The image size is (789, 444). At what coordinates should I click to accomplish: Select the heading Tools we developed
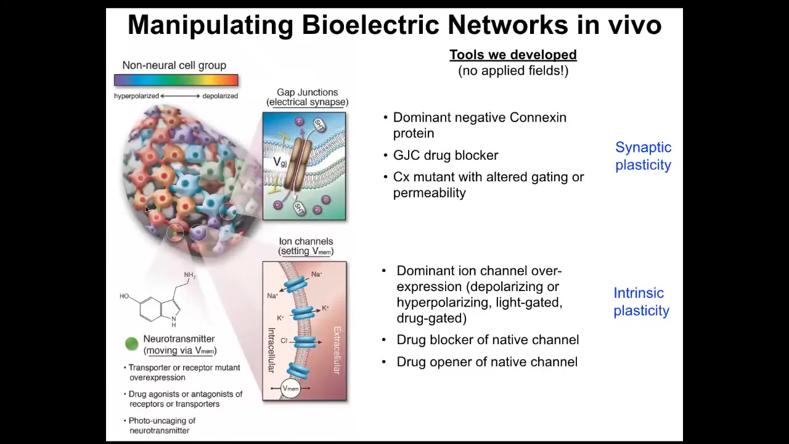click(x=513, y=55)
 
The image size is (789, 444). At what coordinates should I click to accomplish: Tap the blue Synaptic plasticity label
click(x=643, y=156)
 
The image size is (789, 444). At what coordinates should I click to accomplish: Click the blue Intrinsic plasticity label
click(x=641, y=302)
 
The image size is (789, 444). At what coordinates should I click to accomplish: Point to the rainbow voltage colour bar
click(x=176, y=80)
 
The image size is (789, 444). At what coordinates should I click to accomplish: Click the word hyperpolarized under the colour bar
click(x=136, y=96)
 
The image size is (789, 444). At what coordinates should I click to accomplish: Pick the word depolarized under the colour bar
click(x=220, y=96)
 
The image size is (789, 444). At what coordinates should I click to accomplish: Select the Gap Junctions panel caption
click(x=307, y=97)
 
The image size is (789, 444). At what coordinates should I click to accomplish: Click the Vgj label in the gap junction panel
click(x=280, y=162)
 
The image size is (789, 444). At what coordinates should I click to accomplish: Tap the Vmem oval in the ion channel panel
click(x=290, y=388)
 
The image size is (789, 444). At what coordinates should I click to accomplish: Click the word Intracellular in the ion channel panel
click(x=271, y=350)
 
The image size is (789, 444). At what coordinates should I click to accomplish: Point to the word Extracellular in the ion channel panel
click(x=337, y=350)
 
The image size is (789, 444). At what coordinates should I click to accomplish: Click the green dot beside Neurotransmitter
click(x=131, y=344)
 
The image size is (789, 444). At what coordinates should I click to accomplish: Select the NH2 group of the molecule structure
click(x=189, y=275)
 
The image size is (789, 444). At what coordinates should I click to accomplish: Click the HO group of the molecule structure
click(x=125, y=297)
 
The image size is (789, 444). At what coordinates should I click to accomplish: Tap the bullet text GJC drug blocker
click(x=445, y=155)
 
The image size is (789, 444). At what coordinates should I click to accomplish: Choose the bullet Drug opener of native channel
click(x=487, y=362)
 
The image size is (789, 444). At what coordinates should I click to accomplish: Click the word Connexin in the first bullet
click(x=538, y=117)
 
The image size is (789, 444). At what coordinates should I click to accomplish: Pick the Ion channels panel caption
click(x=306, y=246)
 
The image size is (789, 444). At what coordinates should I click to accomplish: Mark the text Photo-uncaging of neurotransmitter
click(x=161, y=425)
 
